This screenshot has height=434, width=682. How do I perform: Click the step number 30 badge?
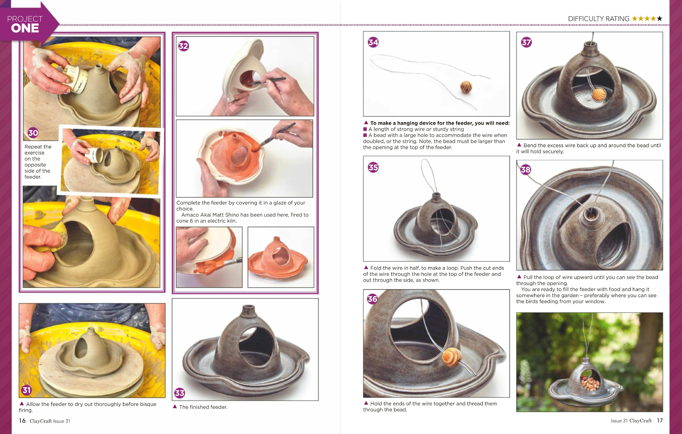click(33, 133)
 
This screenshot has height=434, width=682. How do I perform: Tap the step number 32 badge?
click(184, 46)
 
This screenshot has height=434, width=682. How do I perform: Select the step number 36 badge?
click(372, 299)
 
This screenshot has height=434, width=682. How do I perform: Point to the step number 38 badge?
click(526, 170)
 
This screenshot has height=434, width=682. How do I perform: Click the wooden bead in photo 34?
click(466, 87)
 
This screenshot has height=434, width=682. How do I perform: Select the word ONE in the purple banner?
click(25, 28)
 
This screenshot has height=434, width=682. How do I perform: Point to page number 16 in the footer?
click(22, 421)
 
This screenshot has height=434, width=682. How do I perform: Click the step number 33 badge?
click(180, 393)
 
